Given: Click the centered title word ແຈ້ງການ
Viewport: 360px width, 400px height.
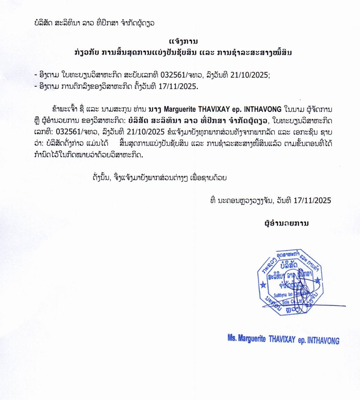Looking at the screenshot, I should (180, 41).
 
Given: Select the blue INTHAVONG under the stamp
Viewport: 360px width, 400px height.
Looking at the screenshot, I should (317, 340).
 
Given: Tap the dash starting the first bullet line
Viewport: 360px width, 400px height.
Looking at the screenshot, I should (36, 76).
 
